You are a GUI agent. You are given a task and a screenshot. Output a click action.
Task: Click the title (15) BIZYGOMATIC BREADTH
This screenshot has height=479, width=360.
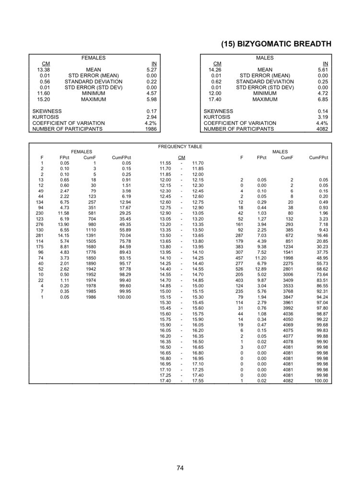click(x=276, y=44)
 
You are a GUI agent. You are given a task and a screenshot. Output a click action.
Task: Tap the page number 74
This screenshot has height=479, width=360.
click(x=180, y=468)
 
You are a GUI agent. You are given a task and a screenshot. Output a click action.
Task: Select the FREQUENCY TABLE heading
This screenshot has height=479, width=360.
click(x=180, y=147)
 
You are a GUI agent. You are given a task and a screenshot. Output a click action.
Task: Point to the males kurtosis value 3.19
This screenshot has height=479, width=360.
click(x=323, y=117)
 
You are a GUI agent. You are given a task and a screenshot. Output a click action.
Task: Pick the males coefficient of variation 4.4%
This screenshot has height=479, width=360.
click(x=322, y=123)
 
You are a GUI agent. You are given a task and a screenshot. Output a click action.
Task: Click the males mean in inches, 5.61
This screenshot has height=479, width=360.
click(x=323, y=70)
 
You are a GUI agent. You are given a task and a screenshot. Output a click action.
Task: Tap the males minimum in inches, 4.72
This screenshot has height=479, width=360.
click(x=323, y=93)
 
